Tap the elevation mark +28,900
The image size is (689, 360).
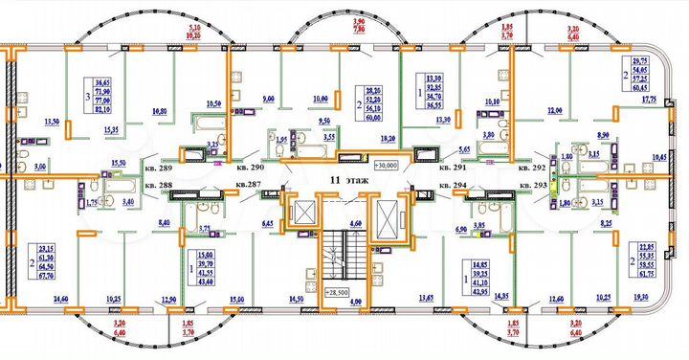coord(337,292)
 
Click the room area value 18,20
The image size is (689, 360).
coord(389,139)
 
